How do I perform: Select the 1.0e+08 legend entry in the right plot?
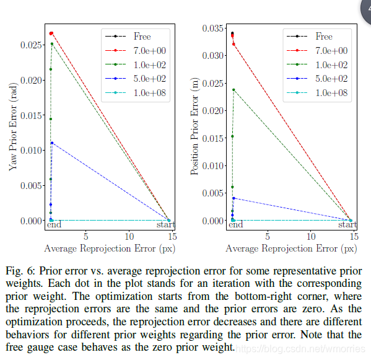317,93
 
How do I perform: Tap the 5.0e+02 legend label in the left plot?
149,79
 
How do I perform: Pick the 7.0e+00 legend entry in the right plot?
317,50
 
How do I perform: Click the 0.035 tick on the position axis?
212,28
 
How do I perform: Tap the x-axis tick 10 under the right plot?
311,236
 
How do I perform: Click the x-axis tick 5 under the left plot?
85,236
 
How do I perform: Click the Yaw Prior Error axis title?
13,126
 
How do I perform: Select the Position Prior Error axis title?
195,126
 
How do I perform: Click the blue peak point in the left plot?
52,143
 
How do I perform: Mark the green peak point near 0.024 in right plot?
234,90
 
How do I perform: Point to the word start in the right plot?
347,224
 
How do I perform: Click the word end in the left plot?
54,224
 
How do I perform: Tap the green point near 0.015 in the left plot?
51,119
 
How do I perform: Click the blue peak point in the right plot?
234,198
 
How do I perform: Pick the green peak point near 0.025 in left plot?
52,44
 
